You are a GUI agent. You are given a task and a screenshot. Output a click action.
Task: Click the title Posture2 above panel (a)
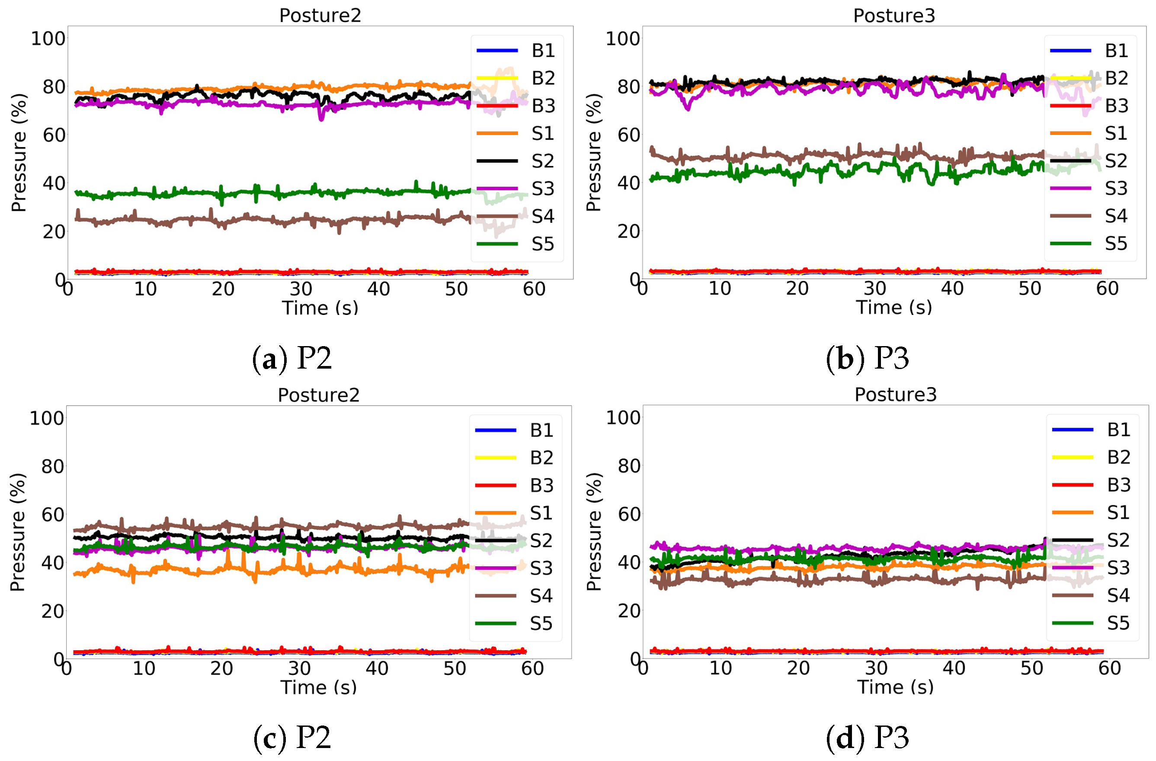320,16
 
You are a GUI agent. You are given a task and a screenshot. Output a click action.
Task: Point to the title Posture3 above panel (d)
895,395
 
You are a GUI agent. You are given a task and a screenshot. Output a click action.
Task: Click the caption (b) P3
867,359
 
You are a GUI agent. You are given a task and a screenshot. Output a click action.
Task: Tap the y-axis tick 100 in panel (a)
48,39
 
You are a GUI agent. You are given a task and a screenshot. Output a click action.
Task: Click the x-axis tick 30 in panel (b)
874,289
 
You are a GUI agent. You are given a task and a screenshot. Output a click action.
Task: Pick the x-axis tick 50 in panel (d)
1031,668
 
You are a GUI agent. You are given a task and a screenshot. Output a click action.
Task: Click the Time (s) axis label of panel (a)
320,308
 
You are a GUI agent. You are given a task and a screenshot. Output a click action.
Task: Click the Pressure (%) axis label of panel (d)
593,532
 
